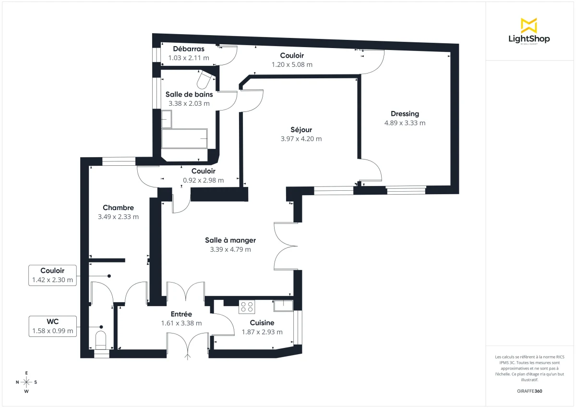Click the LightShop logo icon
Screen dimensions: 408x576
point(529,25)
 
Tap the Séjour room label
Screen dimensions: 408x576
point(301,130)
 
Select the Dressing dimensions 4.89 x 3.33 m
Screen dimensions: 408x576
point(405,123)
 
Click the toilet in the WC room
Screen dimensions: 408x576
point(101,339)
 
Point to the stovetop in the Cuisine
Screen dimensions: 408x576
point(247,306)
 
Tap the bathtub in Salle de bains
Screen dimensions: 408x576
point(185,138)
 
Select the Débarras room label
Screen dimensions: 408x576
point(189,49)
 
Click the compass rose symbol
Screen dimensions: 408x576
point(26,382)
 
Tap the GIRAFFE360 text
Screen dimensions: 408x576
point(529,391)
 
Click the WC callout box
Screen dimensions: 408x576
point(53,326)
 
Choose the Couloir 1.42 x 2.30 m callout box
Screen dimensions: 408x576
point(53,275)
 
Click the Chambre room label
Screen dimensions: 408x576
point(118,208)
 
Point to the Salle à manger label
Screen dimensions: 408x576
point(230,240)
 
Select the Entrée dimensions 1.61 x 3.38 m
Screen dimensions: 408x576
point(181,323)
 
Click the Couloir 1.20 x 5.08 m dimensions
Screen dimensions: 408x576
point(292,64)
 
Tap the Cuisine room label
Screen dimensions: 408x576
point(262,323)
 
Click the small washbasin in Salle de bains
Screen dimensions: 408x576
point(166,117)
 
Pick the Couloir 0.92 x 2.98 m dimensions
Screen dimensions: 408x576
point(204,181)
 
